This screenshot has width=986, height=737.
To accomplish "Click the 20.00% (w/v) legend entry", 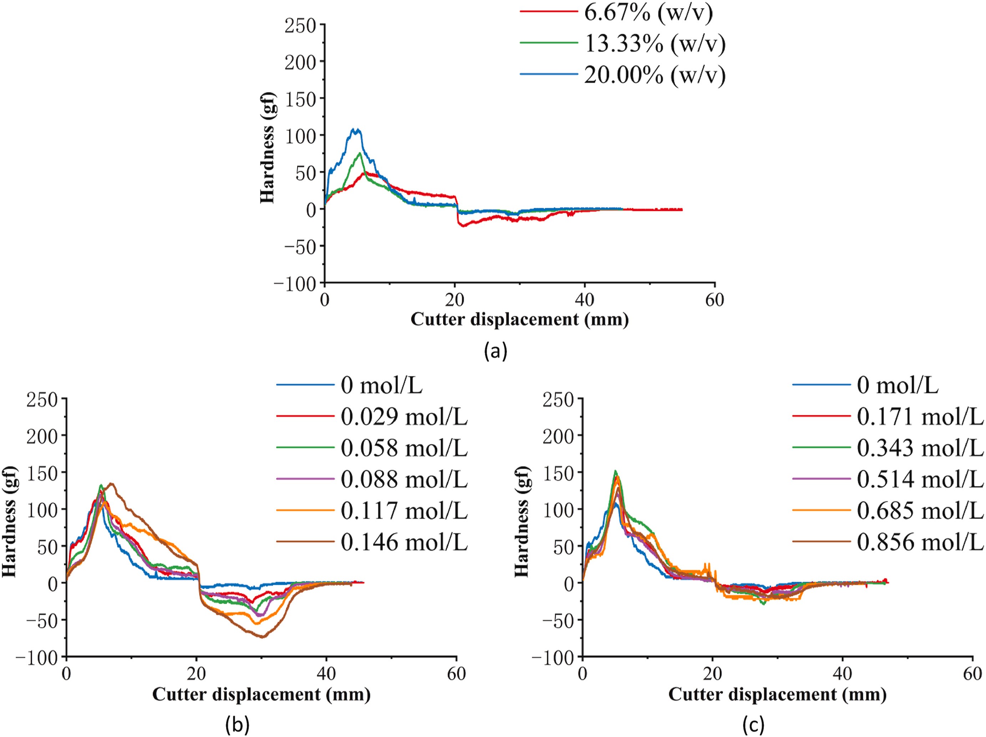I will pyautogui.click(x=654, y=75).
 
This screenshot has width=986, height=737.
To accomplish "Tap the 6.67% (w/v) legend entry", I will pyautogui.click(x=648, y=12).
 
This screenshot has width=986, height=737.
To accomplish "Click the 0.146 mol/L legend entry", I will pyautogui.click(x=404, y=542).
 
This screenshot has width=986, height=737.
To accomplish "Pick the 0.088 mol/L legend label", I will pyautogui.click(x=404, y=479).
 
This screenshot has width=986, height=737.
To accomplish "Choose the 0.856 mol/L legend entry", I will pyautogui.click(x=920, y=542).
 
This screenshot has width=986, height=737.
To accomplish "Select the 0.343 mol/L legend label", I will pyautogui.click(x=920, y=448).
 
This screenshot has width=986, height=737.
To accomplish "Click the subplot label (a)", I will pyautogui.click(x=495, y=352).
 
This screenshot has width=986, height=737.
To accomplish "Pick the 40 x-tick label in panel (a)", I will pyautogui.click(x=584, y=300).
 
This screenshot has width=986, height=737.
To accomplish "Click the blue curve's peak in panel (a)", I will pyautogui.click(x=356, y=130).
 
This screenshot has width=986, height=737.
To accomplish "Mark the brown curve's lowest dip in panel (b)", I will pyautogui.click(x=263, y=637).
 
